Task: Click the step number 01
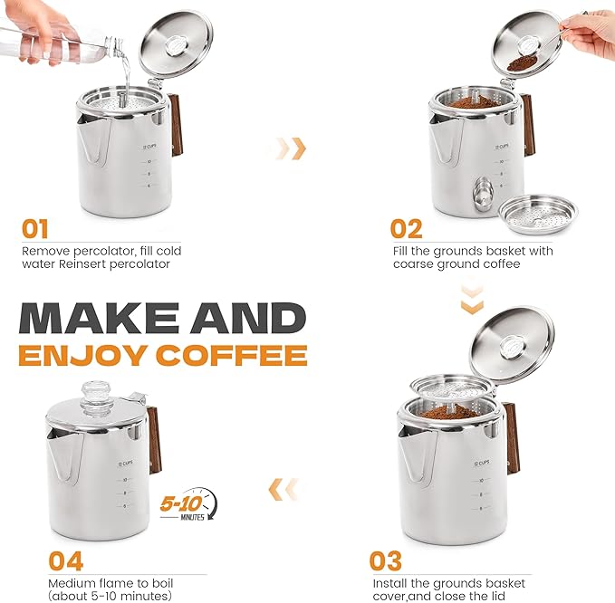click(35, 227)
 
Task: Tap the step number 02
click(407, 227)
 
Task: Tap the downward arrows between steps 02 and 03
click(472, 299)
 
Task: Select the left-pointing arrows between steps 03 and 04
click(283, 490)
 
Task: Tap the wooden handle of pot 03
click(512, 438)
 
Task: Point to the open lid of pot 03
click(512, 344)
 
